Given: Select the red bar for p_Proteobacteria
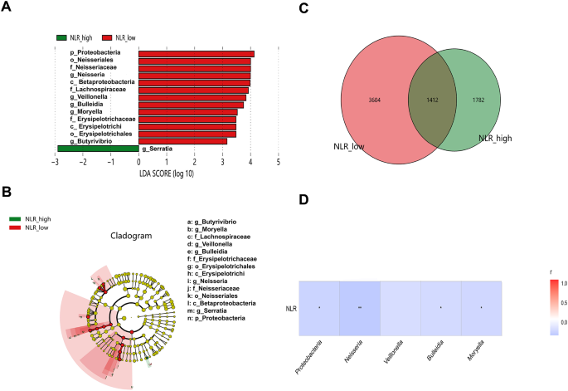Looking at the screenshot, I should [196, 54].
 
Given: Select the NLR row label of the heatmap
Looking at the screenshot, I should [290, 308].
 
